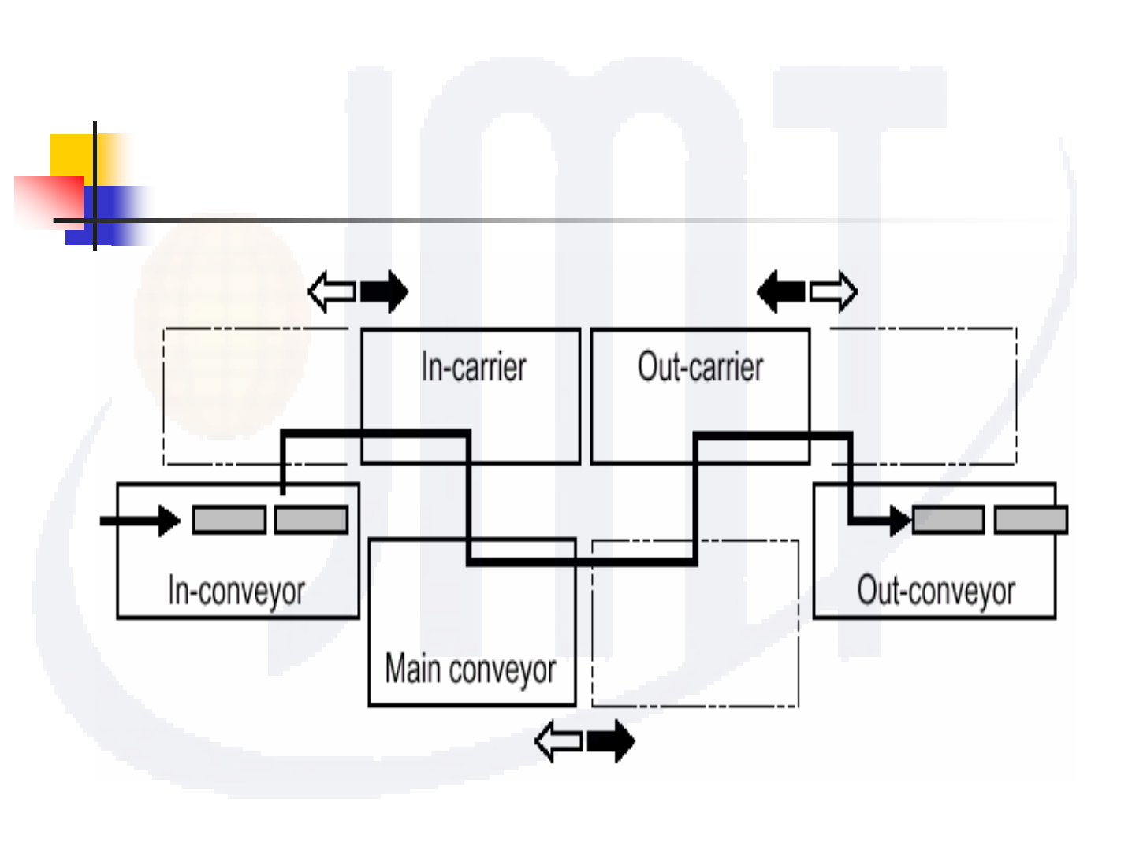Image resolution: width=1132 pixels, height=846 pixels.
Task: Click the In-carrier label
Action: [x=473, y=367]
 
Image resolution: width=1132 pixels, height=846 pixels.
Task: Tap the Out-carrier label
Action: [x=700, y=367]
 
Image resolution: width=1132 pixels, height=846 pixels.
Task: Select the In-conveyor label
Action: [x=236, y=591]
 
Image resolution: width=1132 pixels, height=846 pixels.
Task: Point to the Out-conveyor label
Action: [x=936, y=591]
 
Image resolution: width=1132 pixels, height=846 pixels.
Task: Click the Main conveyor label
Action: [x=471, y=670]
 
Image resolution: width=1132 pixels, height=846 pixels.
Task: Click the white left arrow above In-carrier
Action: [x=331, y=291]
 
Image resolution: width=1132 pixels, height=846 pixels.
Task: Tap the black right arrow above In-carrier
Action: [x=385, y=291]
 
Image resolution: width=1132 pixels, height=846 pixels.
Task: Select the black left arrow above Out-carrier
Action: [x=780, y=291]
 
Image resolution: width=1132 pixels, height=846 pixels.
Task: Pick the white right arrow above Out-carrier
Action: [x=834, y=291]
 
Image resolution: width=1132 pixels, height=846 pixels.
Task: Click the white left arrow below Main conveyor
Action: [x=558, y=741]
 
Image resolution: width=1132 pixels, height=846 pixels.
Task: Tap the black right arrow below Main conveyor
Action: [x=612, y=741]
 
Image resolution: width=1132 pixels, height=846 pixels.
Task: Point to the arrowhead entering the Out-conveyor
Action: [x=899, y=521]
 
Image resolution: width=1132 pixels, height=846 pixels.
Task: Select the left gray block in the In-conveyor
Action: [x=229, y=520]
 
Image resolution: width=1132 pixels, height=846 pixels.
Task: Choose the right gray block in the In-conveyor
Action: [x=311, y=520]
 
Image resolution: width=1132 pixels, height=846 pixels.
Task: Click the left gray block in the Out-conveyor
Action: [x=948, y=520]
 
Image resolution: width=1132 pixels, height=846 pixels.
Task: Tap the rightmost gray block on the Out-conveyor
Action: [x=1031, y=520]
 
